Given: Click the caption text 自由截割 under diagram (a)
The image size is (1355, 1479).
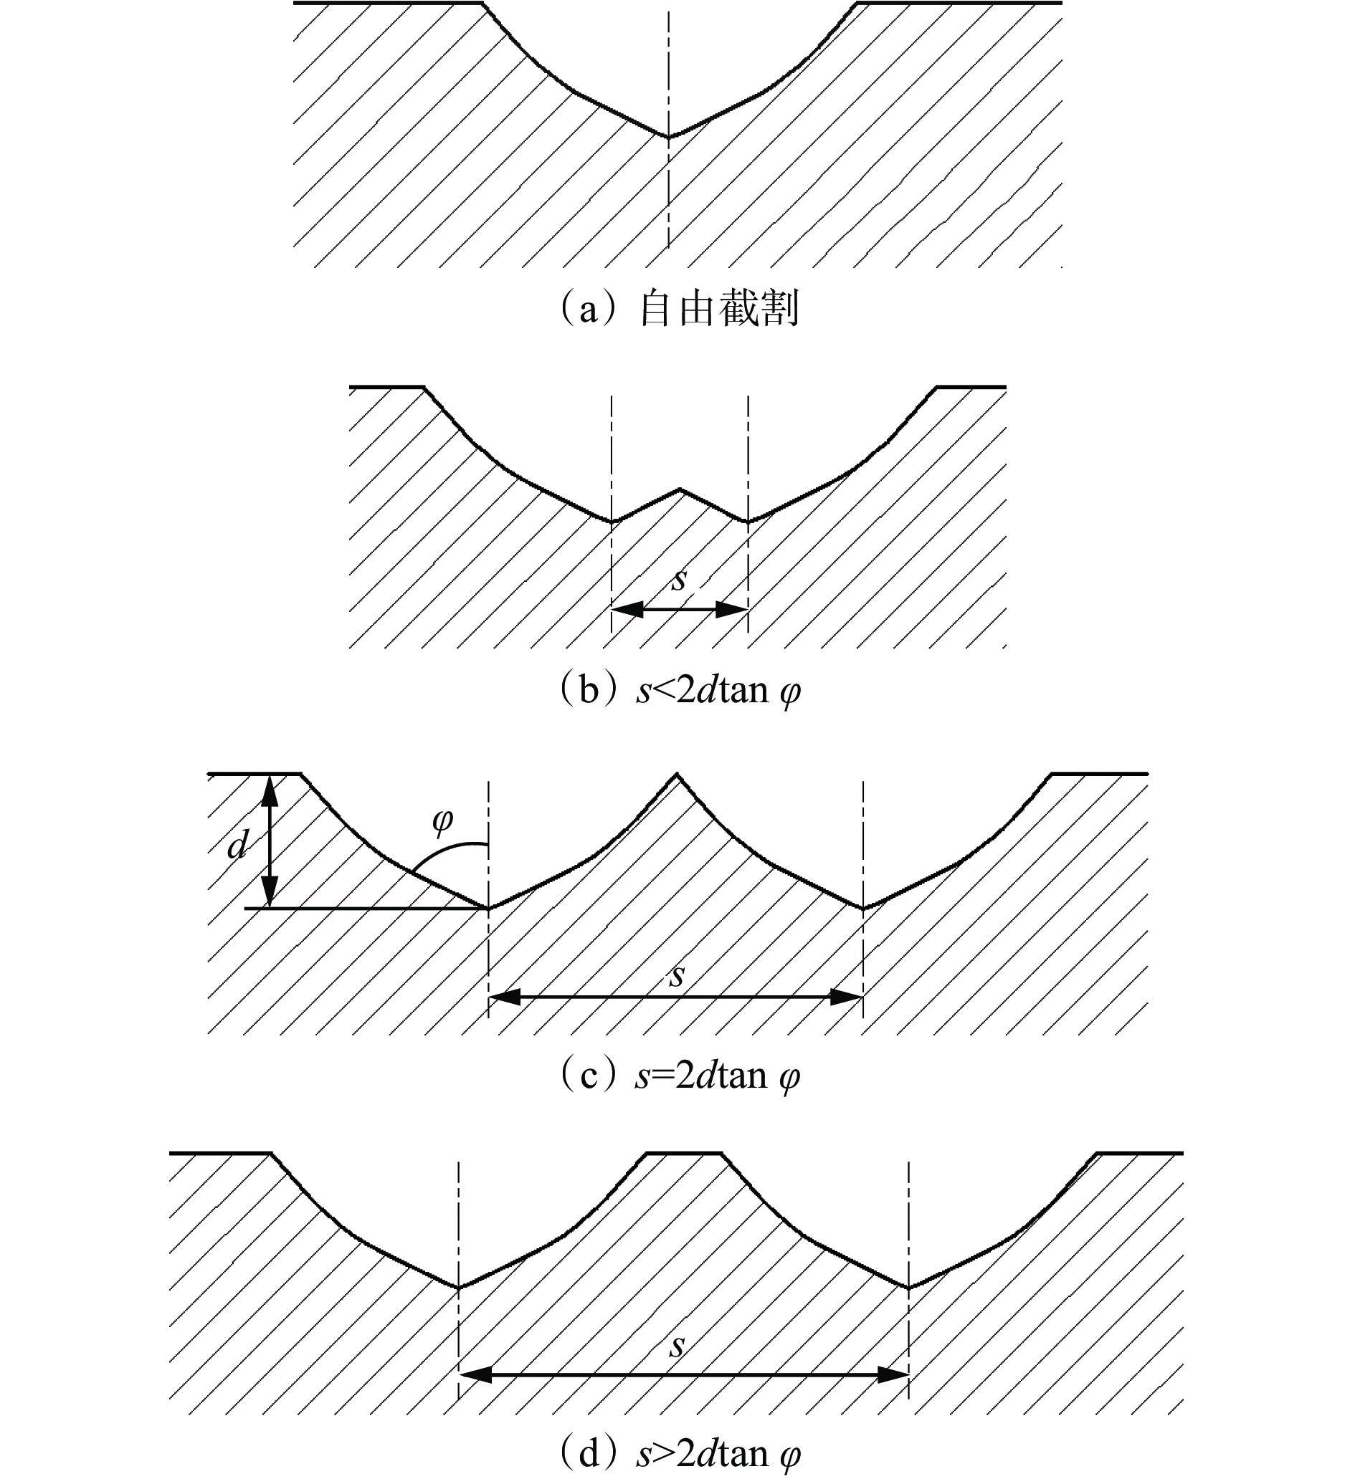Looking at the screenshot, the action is coord(718,309).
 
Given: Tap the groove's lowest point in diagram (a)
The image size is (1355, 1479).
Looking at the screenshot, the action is coord(668,136).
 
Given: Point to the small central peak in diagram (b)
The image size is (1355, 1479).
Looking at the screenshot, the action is coord(680,489).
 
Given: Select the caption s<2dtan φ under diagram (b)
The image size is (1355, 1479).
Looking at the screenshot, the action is coord(718,691).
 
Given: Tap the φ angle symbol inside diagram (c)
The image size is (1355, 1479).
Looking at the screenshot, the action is coord(442,821).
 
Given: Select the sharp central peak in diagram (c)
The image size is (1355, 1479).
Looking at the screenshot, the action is coord(677,775).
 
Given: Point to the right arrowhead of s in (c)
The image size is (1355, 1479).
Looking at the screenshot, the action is coord(846,996).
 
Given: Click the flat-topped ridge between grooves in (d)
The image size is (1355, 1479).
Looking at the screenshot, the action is coord(684,1154).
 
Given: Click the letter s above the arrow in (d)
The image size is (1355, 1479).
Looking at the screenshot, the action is coord(677,1346).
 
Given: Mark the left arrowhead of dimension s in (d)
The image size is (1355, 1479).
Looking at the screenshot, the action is coord(475,1375).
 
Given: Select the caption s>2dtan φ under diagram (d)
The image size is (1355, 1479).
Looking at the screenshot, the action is coord(718,1454).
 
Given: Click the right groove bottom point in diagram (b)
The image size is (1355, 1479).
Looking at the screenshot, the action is coord(747,522).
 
